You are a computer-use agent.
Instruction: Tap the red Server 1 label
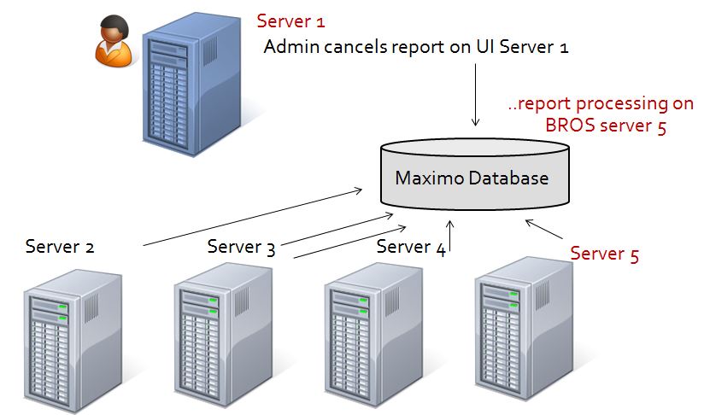(291, 20)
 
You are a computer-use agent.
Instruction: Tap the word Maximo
(427, 178)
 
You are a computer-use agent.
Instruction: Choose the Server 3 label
(241, 248)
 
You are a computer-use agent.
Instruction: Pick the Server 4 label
(410, 248)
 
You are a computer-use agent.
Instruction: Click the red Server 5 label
(604, 254)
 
